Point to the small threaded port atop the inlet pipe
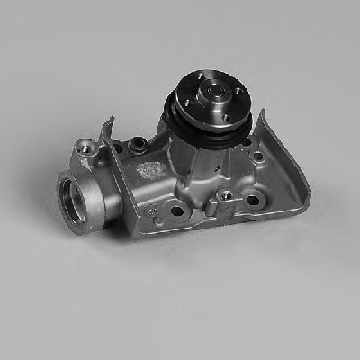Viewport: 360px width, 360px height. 86,145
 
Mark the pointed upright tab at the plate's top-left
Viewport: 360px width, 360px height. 109,121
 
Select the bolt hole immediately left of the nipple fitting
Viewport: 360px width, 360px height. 177,212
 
